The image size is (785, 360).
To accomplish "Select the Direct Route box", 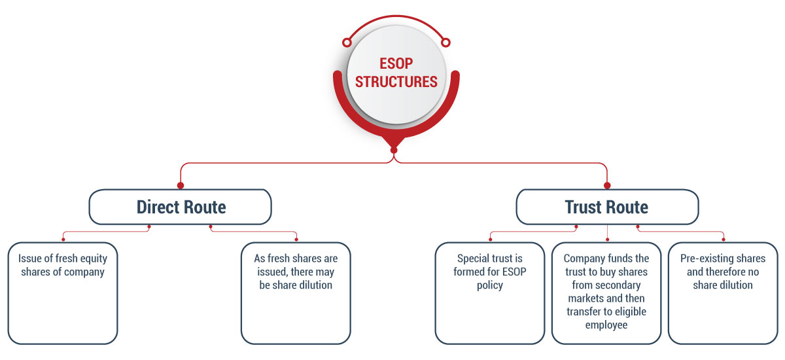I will click(x=181, y=207).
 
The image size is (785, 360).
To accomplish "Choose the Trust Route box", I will click(x=606, y=207).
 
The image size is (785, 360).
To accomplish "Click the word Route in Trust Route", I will click(x=628, y=207).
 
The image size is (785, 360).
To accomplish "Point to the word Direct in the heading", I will click(x=158, y=207).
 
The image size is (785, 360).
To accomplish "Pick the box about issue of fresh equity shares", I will click(x=63, y=293).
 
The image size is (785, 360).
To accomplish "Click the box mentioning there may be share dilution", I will click(x=296, y=293).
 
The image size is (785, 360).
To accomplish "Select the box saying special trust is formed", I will click(x=490, y=293).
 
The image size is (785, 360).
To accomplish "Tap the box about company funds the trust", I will click(x=606, y=293).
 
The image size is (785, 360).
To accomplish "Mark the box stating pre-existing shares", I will click(x=723, y=293).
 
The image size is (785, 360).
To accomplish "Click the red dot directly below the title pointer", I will click(x=394, y=150).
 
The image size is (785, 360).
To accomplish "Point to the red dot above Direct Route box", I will click(x=181, y=185).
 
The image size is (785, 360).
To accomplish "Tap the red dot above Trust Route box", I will click(x=606, y=185).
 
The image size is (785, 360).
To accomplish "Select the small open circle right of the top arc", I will click(x=446, y=43).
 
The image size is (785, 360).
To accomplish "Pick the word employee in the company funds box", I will click(x=606, y=325).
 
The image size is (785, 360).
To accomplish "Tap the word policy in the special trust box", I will click(x=490, y=285).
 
